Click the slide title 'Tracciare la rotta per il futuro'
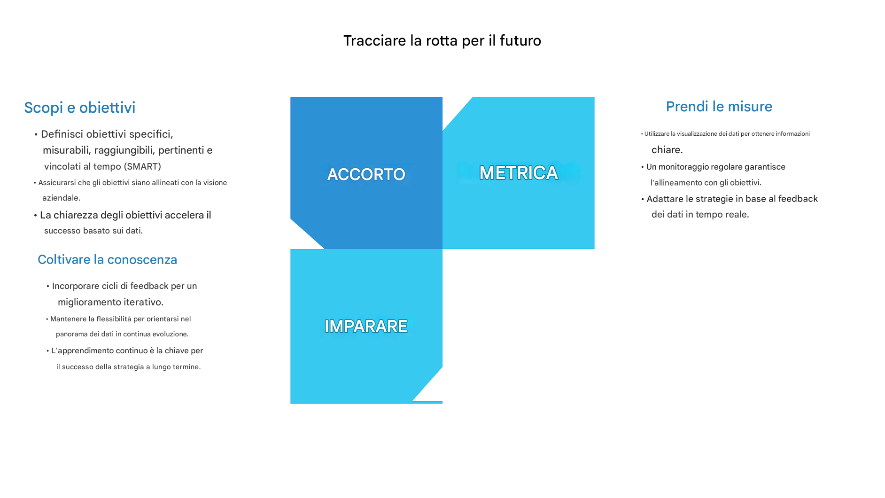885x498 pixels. pyautogui.click(x=442, y=41)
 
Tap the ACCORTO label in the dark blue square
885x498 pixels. pyautogui.click(x=366, y=174)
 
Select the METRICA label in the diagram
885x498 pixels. pyautogui.click(x=519, y=173)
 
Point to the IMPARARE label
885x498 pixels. pyautogui.click(x=366, y=326)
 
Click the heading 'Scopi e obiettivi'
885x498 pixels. pyautogui.click(x=80, y=108)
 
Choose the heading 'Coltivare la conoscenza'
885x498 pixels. pyautogui.click(x=108, y=260)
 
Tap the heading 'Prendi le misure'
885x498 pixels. pyautogui.click(x=719, y=107)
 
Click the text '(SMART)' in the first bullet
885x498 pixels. pyautogui.click(x=142, y=166)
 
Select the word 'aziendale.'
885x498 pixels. pyautogui.click(x=62, y=198)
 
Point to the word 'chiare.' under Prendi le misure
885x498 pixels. pyautogui.click(x=667, y=150)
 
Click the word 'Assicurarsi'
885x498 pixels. pyautogui.click(x=57, y=183)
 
